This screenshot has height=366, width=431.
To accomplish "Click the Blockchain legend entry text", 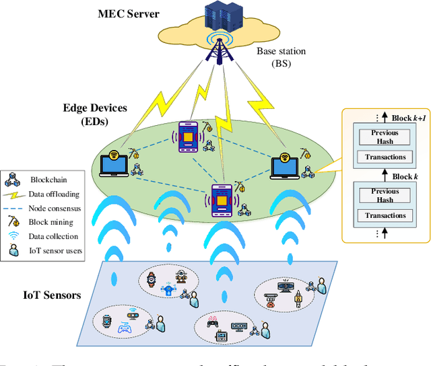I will [x=48, y=180].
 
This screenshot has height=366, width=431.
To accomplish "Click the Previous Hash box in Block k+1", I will [x=385, y=137].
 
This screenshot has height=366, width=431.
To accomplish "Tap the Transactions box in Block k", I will [x=385, y=215].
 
